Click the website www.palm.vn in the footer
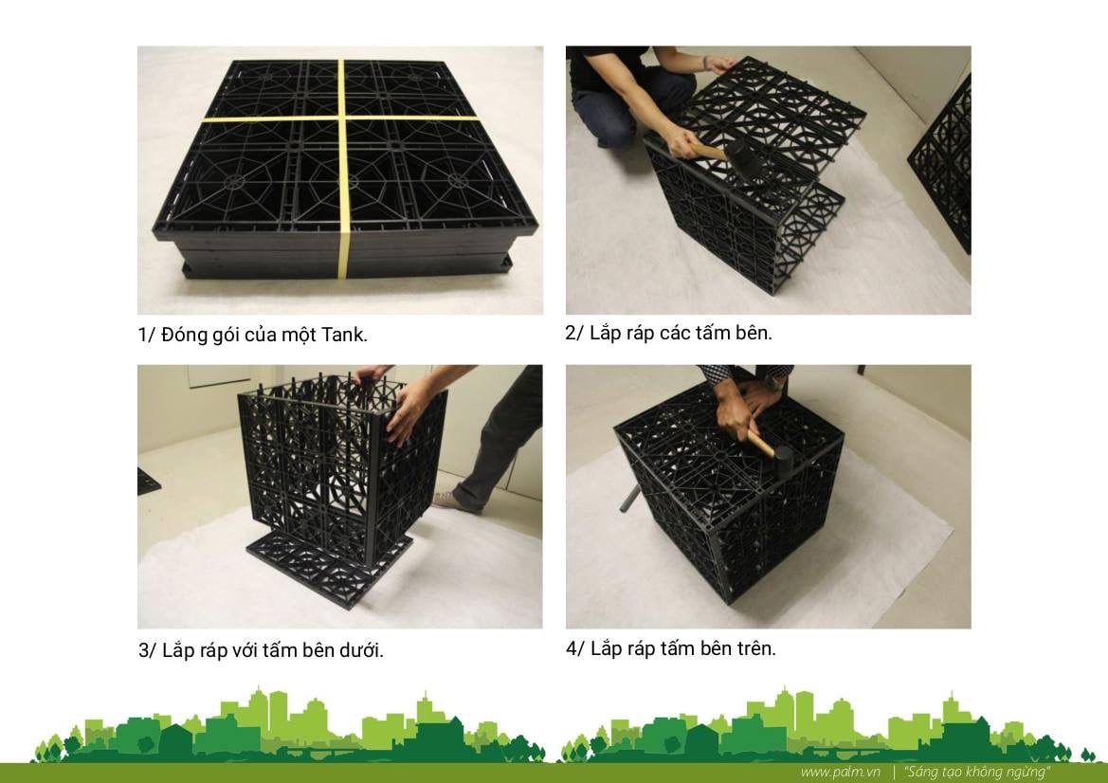point(840,772)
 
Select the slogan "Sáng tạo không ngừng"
point(977,772)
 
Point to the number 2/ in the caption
point(573,333)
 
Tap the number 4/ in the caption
point(574,648)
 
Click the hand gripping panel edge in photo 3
point(407,410)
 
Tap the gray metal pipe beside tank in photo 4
point(630,498)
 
